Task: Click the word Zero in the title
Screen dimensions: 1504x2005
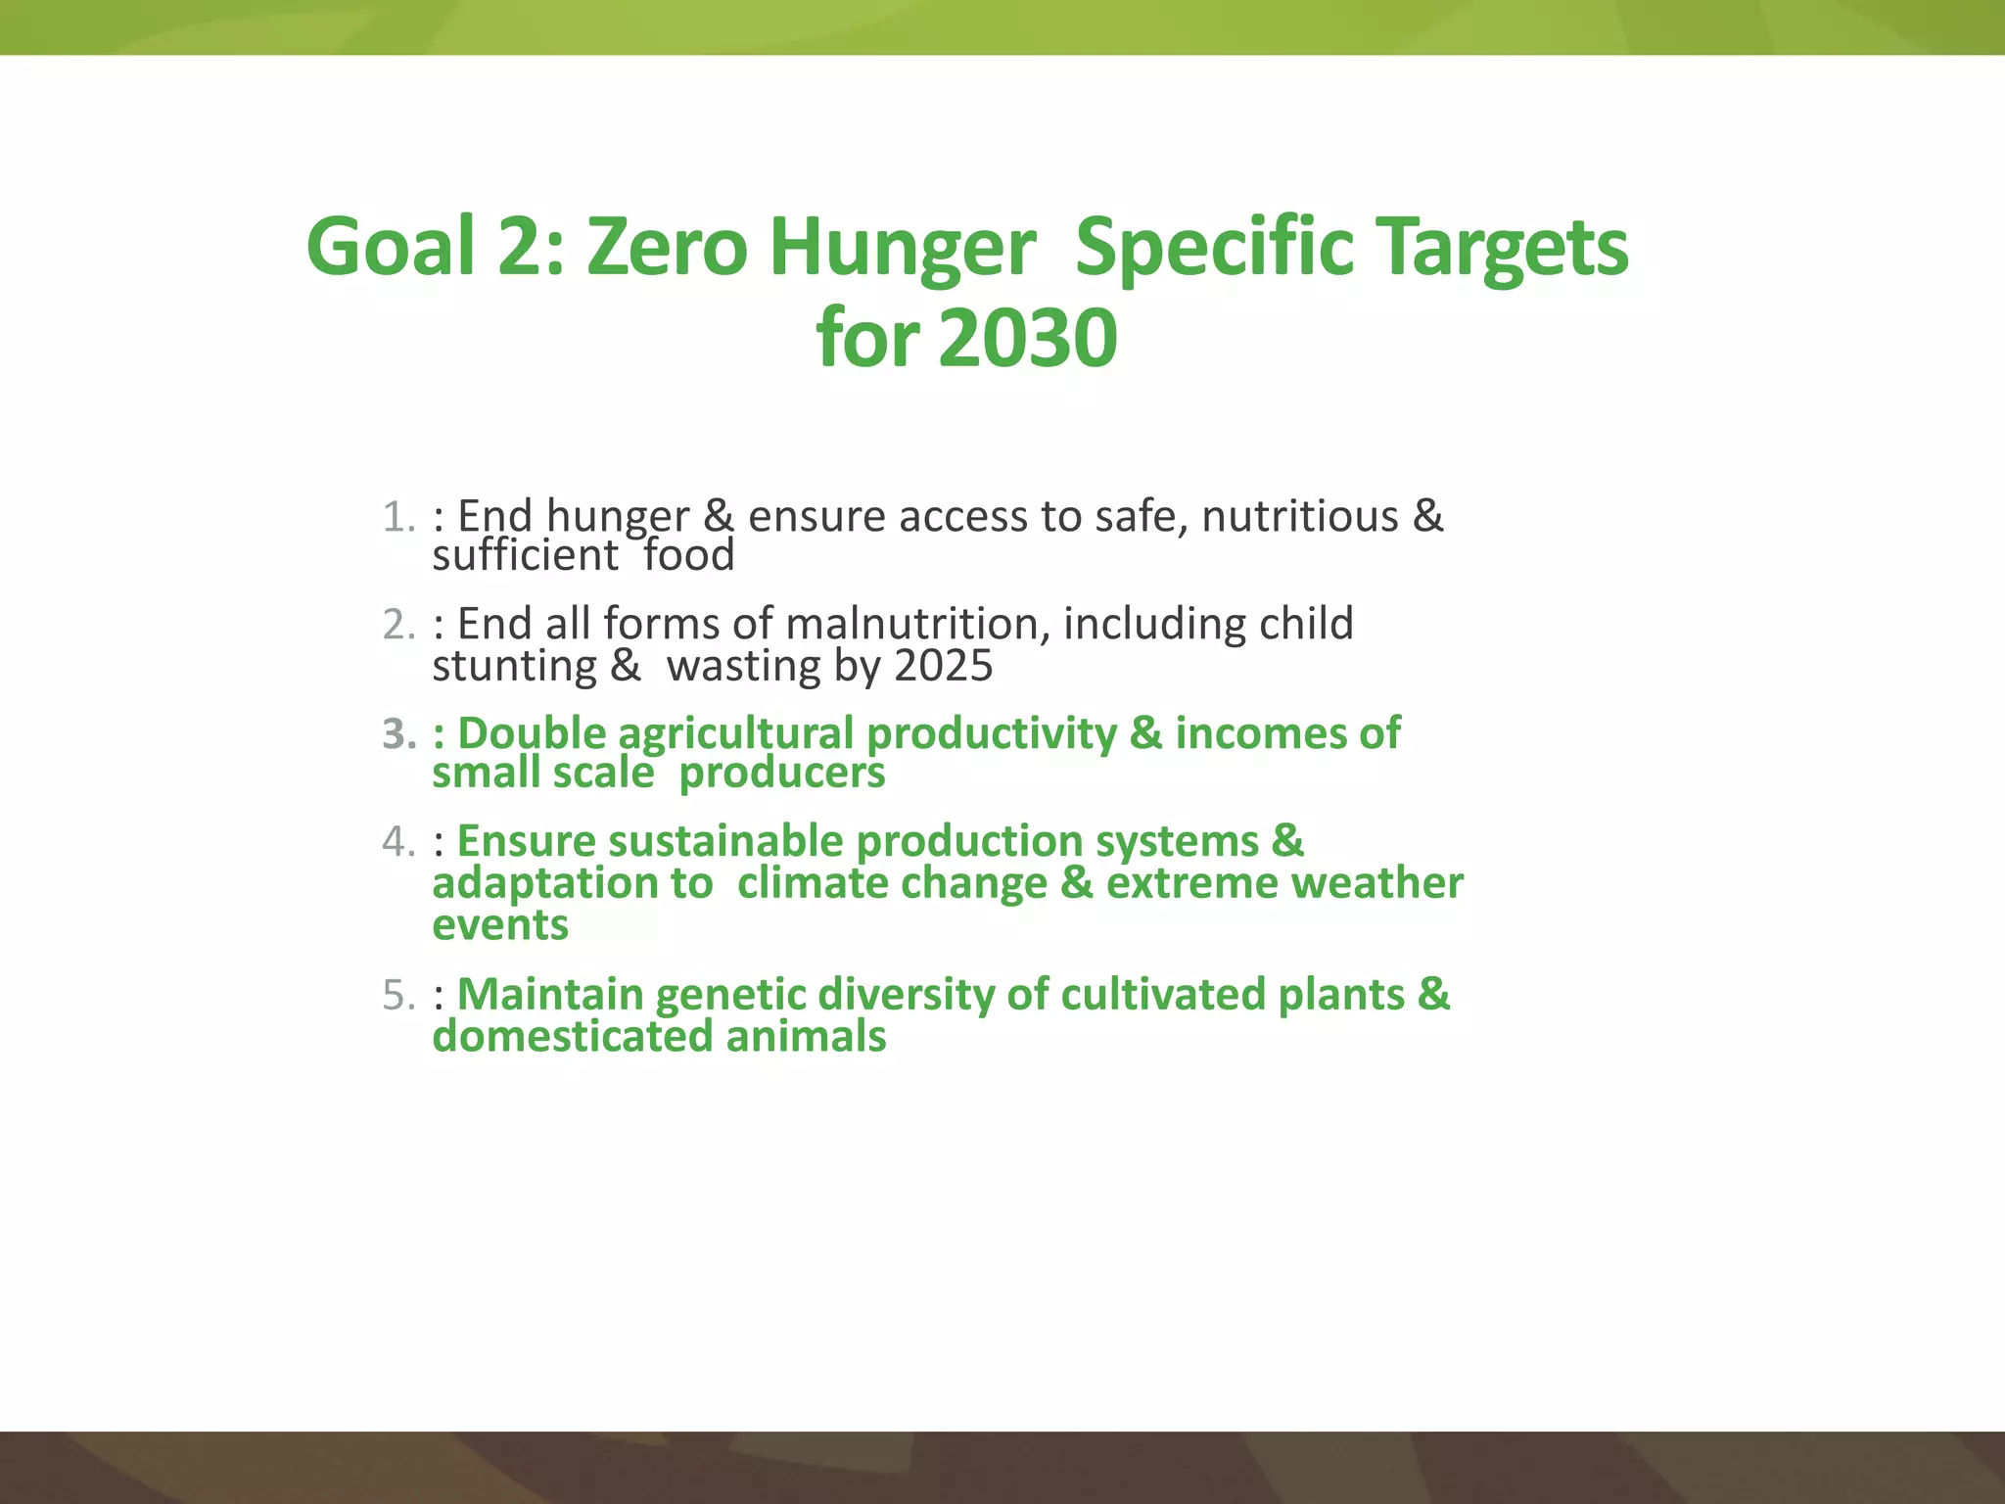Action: tap(667, 247)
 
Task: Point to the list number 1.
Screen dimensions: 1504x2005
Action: tap(397, 517)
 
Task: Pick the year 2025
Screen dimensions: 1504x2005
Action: tap(944, 666)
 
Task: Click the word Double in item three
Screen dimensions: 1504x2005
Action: tap(532, 733)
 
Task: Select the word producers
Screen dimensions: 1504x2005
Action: tap(781, 774)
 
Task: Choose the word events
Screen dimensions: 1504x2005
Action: tap(500, 925)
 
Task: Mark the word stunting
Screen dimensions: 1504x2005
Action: tap(514, 667)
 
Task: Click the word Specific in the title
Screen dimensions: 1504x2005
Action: tap(1214, 249)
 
